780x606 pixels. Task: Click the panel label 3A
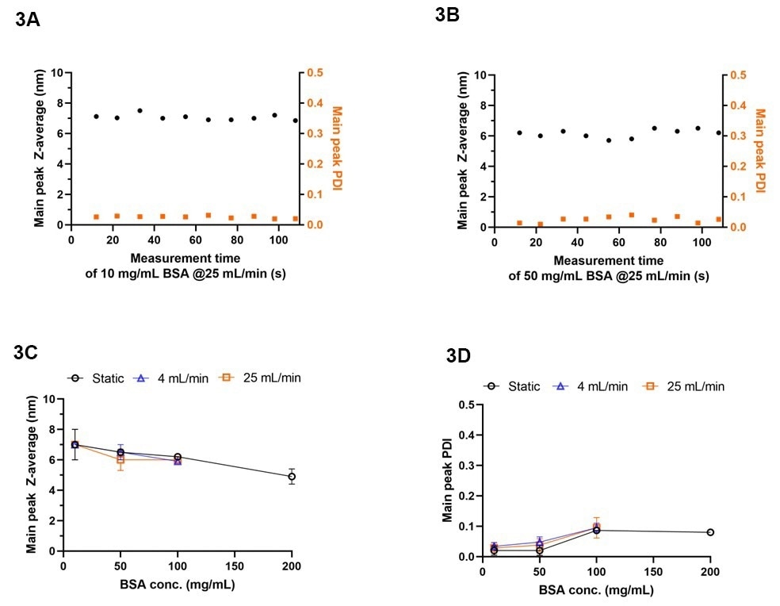pyautogui.click(x=28, y=20)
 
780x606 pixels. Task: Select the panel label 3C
pyautogui.click(x=26, y=355)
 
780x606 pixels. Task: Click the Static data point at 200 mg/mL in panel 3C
pyautogui.click(x=292, y=477)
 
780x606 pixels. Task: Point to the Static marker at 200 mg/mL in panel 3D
pyautogui.click(x=710, y=532)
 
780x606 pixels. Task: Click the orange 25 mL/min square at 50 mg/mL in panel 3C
pyautogui.click(x=120, y=460)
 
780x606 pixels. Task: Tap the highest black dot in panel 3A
pyautogui.click(x=140, y=111)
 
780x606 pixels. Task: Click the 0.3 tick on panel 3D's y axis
pyautogui.click(x=468, y=466)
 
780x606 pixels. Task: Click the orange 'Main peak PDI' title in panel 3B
pyautogui.click(x=760, y=151)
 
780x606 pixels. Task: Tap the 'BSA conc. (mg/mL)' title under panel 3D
pyautogui.click(x=595, y=590)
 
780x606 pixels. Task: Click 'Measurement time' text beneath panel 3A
pyautogui.click(x=185, y=258)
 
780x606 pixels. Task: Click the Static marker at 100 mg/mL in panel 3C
pyautogui.click(x=178, y=457)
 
